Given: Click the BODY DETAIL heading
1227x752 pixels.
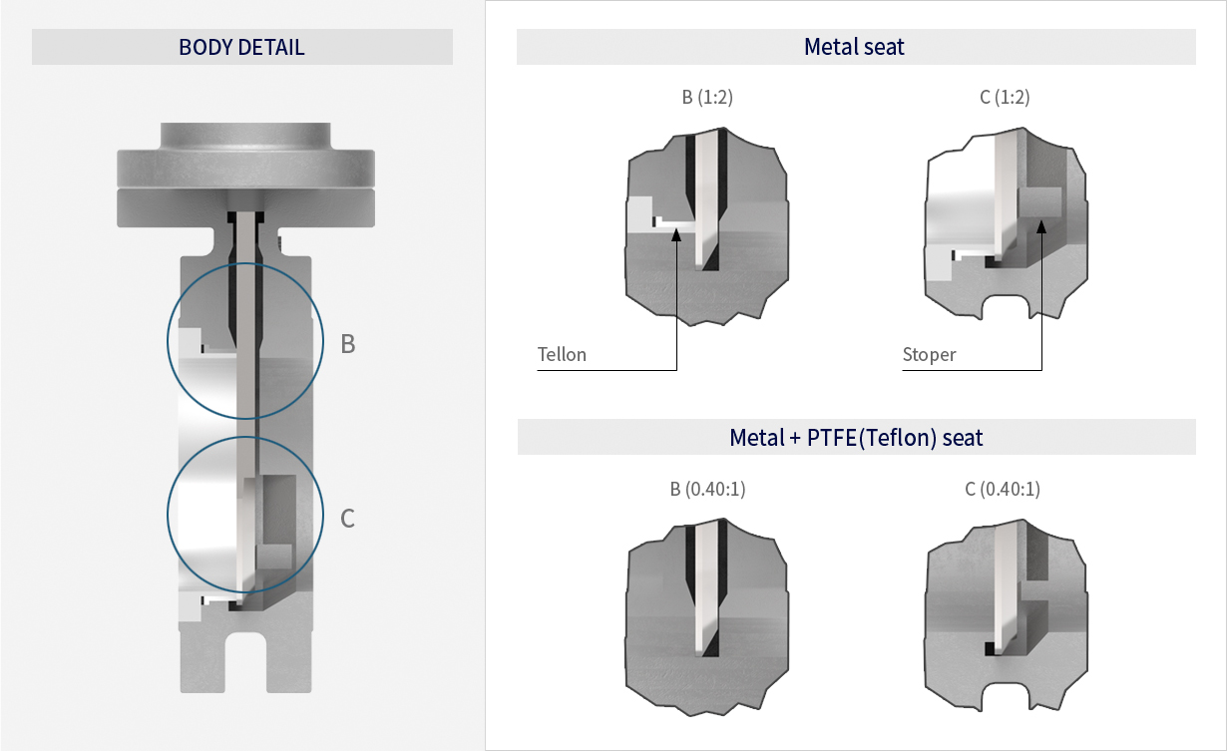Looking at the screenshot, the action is pos(241,47).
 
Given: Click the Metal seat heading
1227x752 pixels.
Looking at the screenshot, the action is pos(854,47).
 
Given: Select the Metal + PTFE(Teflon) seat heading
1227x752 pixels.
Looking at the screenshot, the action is pos(856,437).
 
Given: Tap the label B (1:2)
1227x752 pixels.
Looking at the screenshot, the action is pos(707,98).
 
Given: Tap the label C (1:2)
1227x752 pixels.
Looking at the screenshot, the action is pos(1004,98).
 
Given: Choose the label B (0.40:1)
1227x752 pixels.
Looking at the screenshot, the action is pos(707,489).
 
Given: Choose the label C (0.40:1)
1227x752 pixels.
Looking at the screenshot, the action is pos(1004,489).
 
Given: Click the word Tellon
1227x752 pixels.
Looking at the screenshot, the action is pos(562,355).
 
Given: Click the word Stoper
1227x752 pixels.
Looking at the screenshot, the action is pos(929,355).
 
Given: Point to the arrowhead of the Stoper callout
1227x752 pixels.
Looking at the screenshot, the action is pos(1040,225).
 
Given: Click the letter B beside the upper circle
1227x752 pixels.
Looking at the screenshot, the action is pos(348,344).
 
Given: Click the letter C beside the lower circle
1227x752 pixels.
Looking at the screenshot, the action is pos(348,519).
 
